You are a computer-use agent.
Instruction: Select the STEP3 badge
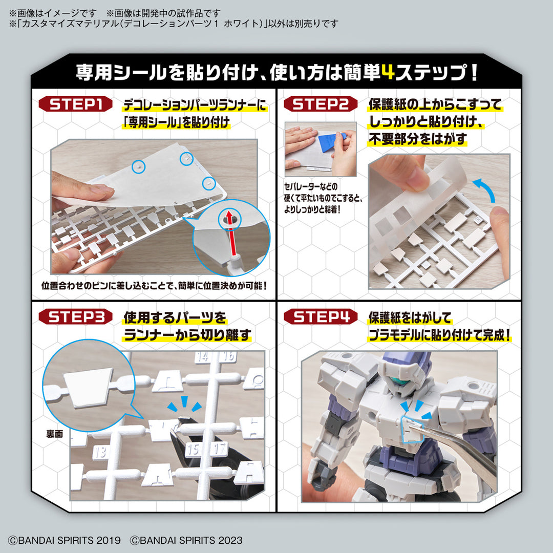pyautogui.click(x=76, y=317)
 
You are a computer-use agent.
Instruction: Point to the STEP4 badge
pyautogui.click(x=321, y=317)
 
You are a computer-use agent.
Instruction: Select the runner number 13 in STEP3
pyautogui.click(x=99, y=452)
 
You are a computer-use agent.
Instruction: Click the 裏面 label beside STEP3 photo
pyautogui.click(x=53, y=433)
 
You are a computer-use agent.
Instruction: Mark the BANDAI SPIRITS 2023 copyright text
pyautogui.click(x=186, y=540)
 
